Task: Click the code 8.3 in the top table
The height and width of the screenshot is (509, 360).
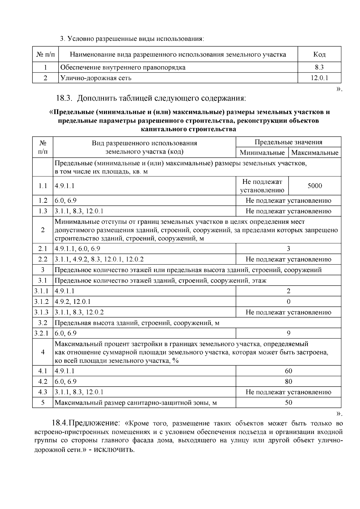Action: tap(319, 67)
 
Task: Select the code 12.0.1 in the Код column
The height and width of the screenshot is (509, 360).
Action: tap(319, 78)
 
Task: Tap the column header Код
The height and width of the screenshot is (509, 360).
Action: tap(319, 54)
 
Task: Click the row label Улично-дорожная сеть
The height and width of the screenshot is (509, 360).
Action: tap(96, 78)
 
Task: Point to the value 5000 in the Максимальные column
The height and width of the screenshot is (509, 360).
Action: tap(315, 186)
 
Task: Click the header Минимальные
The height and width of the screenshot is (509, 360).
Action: tap(262, 152)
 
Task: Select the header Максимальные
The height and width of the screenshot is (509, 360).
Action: tap(315, 152)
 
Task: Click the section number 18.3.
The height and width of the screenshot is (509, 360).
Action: tap(64, 98)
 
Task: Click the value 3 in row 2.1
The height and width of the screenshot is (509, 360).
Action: tap(288, 248)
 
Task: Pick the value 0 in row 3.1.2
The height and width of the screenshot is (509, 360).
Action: tap(288, 301)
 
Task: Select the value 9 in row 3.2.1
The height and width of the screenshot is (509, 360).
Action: tap(288, 333)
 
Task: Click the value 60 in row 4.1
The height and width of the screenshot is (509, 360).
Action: tap(288, 371)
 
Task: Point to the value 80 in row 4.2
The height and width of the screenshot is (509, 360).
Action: tap(288, 381)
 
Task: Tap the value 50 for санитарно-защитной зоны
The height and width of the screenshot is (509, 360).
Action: tap(288, 402)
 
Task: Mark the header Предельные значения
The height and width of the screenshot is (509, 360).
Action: tap(288, 142)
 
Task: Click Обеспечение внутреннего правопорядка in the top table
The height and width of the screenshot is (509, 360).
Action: tap(123, 67)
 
